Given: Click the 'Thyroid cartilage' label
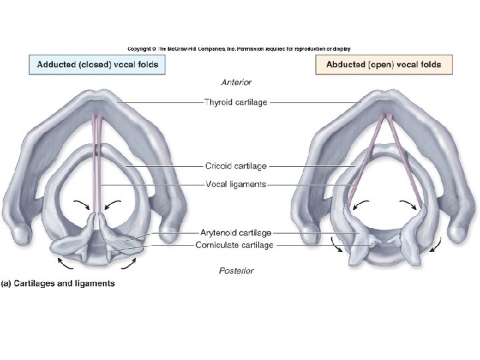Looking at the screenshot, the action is click(237, 102).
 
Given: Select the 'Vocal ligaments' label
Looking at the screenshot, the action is click(236, 184).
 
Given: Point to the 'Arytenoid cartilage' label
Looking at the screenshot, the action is click(236, 233).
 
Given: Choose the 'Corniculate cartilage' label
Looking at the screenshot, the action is click(236, 245).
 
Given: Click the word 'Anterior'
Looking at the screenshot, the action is click(237, 83).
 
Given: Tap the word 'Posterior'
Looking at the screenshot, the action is click(237, 271).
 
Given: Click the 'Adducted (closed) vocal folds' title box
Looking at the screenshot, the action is click(97, 65).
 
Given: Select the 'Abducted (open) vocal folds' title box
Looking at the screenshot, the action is click(378, 65).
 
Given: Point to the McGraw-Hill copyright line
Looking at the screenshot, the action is click(239, 49).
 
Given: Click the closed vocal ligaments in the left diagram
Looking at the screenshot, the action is click(99, 160).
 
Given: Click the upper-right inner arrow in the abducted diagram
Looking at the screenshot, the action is click(406, 203).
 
